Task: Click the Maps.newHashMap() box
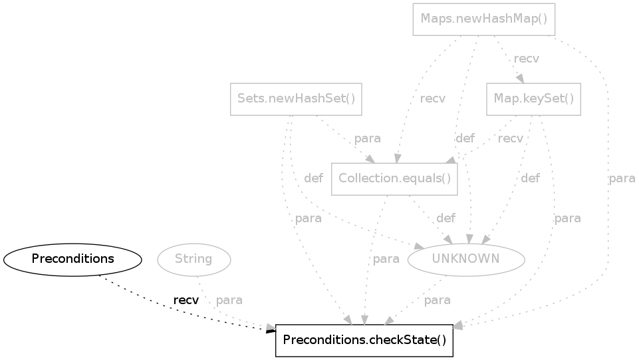pyautogui.click(x=484, y=19)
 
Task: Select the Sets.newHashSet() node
pyautogui.click(x=296, y=99)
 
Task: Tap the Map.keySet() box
pyautogui.click(x=534, y=99)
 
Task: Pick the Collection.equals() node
pyautogui.click(x=394, y=178)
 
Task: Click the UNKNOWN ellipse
pyautogui.click(x=466, y=259)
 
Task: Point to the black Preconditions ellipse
pyautogui.click(x=72, y=259)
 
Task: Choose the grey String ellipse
pyautogui.click(x=193, y=259)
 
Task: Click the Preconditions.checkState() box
pyautogui.click(x=364, y=340)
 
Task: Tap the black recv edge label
pyautogui.click(x=186, y=300)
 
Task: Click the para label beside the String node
pyautogui.click(x=229, y=300)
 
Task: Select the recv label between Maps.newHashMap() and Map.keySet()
pyautogui.click(x=527, y=59)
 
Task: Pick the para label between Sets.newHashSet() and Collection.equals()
pyautogui.click(x=367, y=138)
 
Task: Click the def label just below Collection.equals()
pyautogui.click(x=446, y=218)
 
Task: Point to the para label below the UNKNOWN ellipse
pyautogui.click(x=437, y=300)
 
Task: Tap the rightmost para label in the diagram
pyautogui.click(x=622, y=178)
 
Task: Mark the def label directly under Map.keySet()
pyautogui.click(x=530, y=178)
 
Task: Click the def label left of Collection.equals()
pyautogui.click(x=313, y=178)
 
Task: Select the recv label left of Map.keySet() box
pyautogui.click(x=433, y=99)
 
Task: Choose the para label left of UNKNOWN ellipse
pyautogui.click(x=386, y=259)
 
